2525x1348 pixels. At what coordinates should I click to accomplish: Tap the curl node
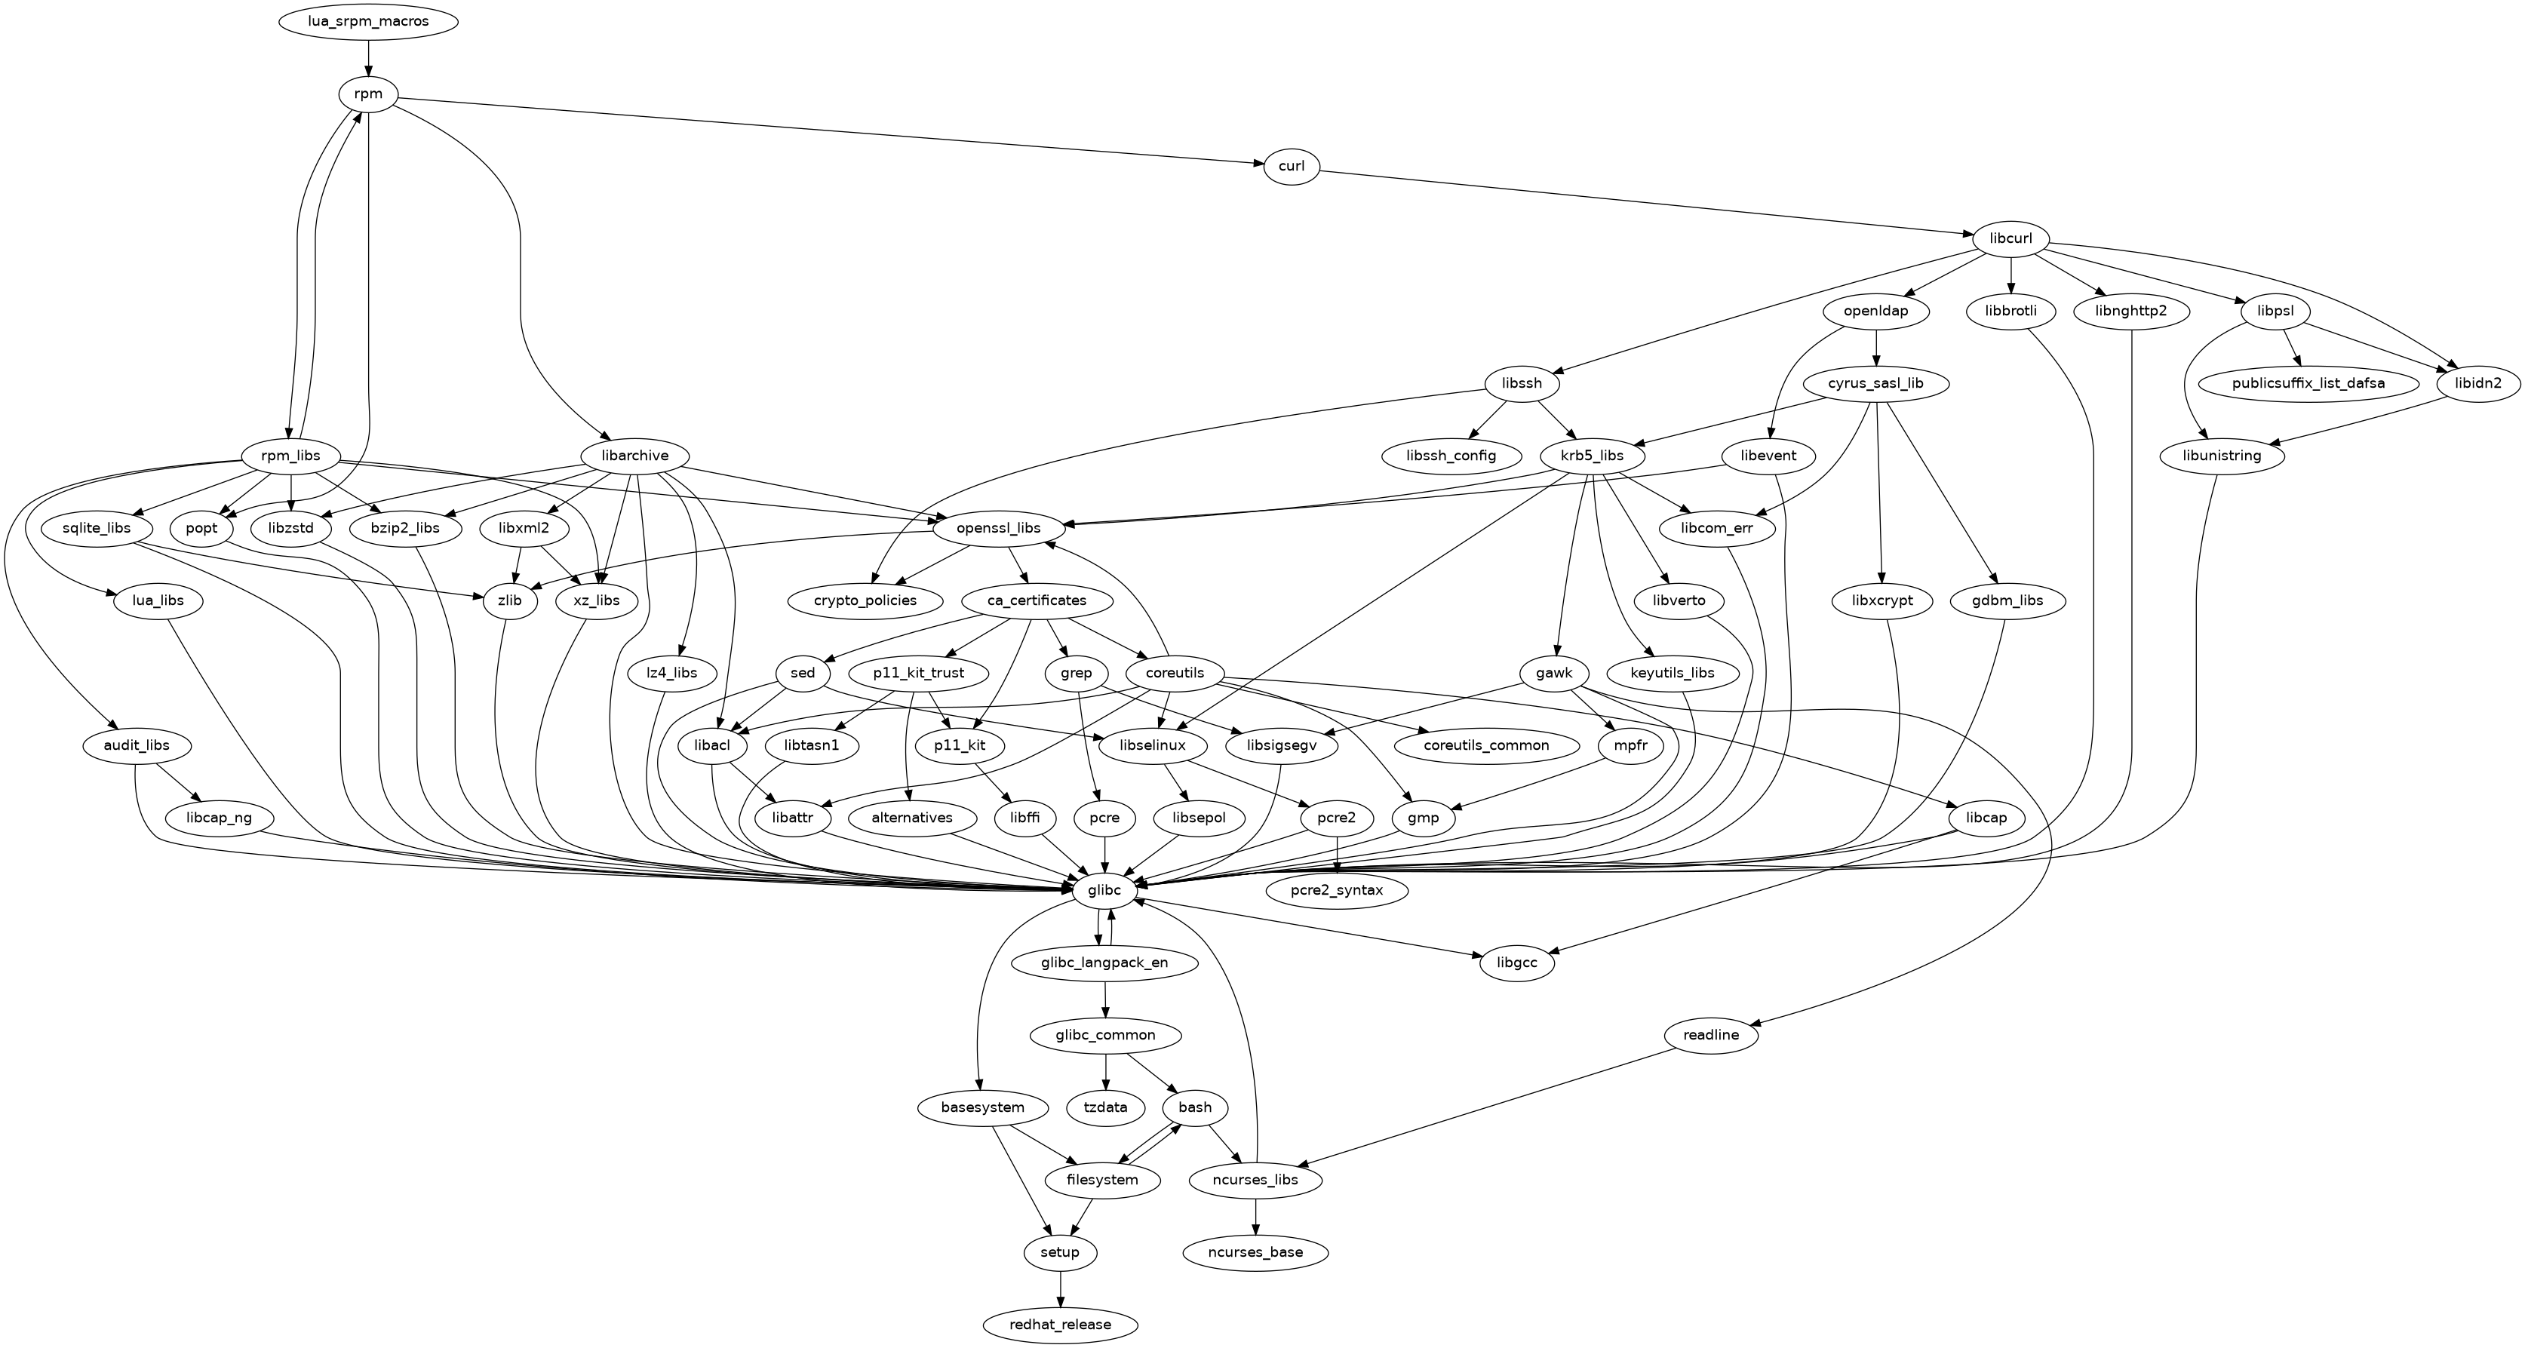(1291, 166)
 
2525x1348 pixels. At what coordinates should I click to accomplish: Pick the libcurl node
(2010, 238)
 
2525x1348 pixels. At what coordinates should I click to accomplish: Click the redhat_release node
(1061, 1325)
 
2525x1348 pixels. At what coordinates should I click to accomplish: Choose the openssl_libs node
(1000, 529)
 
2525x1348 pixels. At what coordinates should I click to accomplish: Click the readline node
(1710, 1035)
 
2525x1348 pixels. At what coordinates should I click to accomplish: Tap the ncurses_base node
(1255, 1252)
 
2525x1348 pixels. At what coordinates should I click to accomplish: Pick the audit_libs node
(137, 745)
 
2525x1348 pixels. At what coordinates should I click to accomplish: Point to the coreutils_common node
(1486, 745)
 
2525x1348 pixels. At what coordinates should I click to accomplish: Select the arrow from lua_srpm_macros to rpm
(367, 59)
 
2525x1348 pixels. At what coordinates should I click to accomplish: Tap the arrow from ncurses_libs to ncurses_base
(1255, 1216)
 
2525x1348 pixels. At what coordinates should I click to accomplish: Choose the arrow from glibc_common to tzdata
(1106, 1072)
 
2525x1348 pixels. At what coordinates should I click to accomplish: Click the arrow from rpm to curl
(833, 132)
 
